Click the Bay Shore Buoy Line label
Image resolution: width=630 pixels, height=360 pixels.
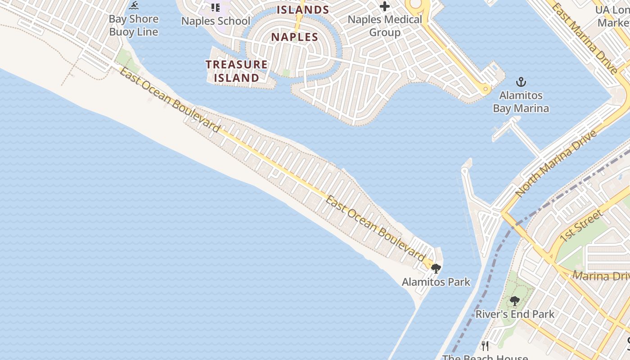pyautogui.click(x=134, y=25)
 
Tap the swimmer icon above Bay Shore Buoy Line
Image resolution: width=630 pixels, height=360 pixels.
pyautogui.click(x=134, y=6)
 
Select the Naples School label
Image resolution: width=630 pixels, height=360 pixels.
pyautogui.click(x=216, y=21)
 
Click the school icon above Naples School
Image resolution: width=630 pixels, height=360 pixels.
pyautogui.click(x=216, y=7)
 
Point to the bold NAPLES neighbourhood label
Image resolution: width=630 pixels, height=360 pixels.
pyautogui.click(x=295, y=37)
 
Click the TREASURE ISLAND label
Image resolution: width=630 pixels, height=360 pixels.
pyautogui.click(x=237, y=71)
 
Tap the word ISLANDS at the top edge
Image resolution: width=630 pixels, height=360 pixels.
pyautogui.click(x=302, y=9)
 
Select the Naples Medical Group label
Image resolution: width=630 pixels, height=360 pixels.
pyautogui.click(x=385, y=26)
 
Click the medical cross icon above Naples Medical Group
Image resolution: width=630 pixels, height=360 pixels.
pyautogui.click(x=385, y=6)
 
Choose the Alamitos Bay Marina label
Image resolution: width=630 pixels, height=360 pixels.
pyautogui.click(x=521, y=102)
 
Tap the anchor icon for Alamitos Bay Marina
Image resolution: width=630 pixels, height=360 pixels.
pyautogui.click(x=521, y=82)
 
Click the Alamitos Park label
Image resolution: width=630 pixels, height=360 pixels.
pyautogui.click(x=436, y=282)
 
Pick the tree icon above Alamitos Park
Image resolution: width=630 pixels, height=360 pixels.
pyautogui.click(x=436, y=269)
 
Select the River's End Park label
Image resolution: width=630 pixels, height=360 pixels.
pyautogui.click(x=515, y=314)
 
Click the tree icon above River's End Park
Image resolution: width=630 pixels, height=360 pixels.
pyautogui.click(x=515, y=301)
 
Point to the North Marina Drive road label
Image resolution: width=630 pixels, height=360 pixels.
pyautogui.click(x=556, y=163)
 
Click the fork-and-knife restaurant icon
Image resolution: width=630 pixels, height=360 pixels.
pyautogui.click(x=485, y=346)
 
